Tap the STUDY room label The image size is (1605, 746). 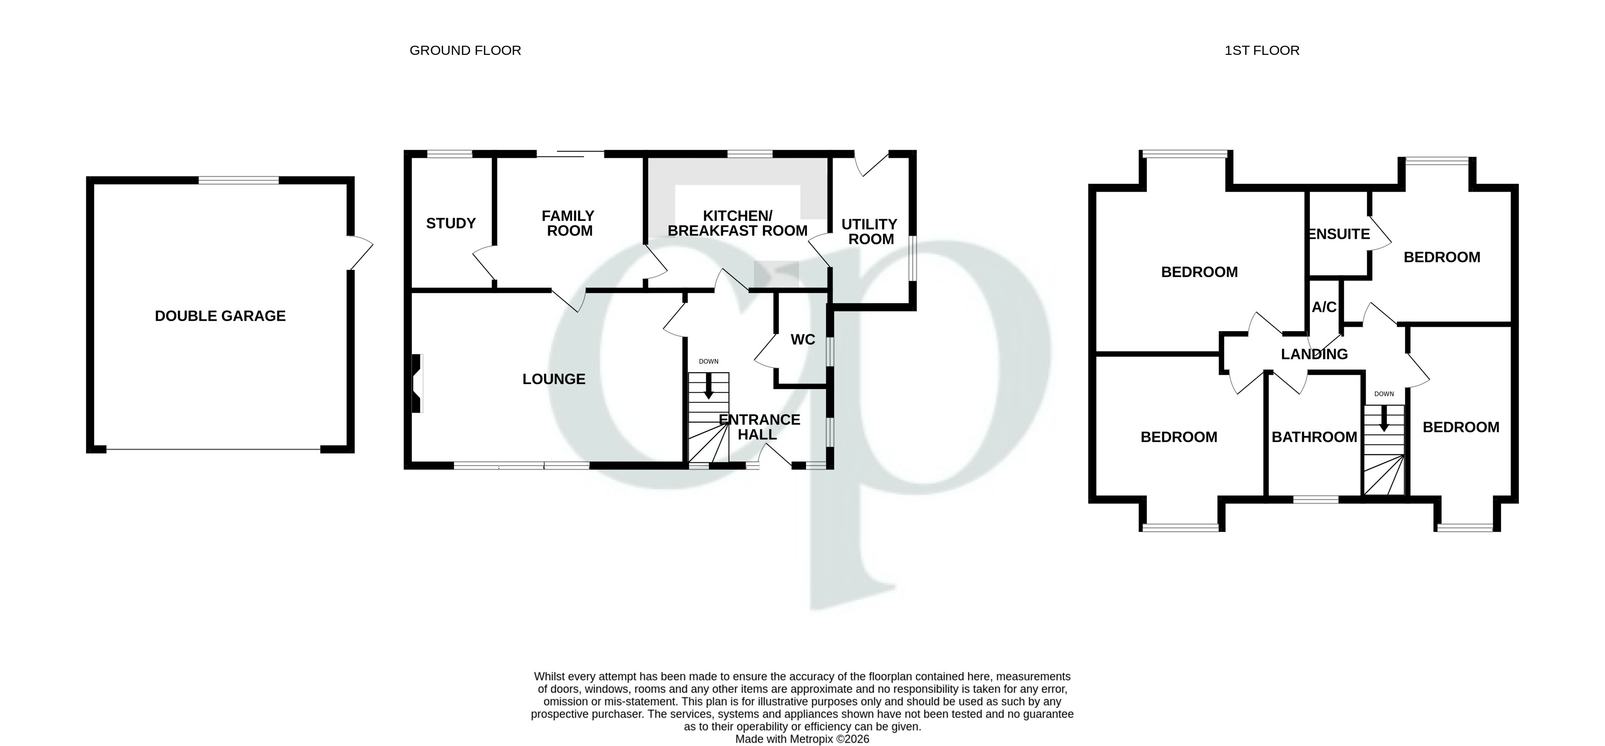tap(450, 223)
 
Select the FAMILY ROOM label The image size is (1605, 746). tap(568, 223)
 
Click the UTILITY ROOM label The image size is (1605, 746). tap(870, 231)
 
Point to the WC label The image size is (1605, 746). tap(803, 339)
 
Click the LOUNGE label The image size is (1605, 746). tap(553, 379)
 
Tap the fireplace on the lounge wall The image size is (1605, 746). tap(417, 383)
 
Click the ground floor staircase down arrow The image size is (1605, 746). tap(708, 388)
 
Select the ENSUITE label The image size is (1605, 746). tap(1339, 234)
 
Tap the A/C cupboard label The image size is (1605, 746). tap(1324, 307)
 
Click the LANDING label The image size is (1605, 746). tap(1314, 354)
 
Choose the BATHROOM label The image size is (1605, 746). tap(1314, 437)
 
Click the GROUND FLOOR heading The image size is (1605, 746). tap(465, 50)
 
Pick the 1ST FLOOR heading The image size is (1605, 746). tap(1262, 50)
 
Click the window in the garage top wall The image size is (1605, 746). tap(238, 181)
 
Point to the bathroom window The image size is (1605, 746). tap(1315, 499)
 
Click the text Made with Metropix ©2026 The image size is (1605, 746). tap(802, 739)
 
